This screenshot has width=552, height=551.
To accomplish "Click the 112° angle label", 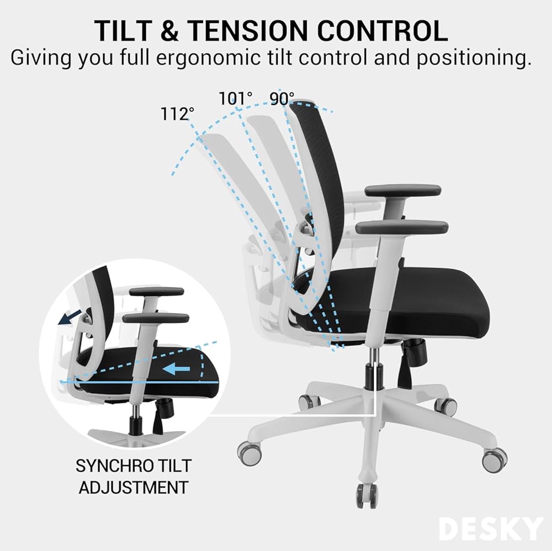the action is (x=177, y=114).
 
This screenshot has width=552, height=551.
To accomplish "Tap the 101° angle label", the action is (x=236, y=98).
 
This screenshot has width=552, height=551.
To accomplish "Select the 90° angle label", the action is (x=283, y=98).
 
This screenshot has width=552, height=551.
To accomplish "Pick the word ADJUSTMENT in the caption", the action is (x=132, y=487).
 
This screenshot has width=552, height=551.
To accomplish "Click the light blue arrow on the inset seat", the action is (x=178, y=368).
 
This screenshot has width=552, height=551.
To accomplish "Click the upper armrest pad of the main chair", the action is (x=403, y=190).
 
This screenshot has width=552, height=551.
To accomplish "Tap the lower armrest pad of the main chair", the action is (x=402, y=227).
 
